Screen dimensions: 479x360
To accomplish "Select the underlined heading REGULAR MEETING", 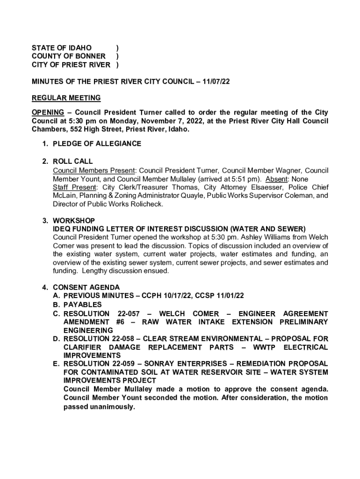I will (66, 98).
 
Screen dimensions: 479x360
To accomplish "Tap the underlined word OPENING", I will (48, 112).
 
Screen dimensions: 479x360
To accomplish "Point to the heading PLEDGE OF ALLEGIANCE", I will (97, 144).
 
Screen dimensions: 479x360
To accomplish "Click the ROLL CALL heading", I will (72, 161).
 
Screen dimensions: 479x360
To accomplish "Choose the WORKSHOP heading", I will (74, 220).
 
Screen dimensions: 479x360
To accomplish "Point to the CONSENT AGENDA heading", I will (86, 287).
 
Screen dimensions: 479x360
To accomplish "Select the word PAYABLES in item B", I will (82, 305).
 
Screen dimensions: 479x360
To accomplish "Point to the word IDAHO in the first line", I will (79, 48).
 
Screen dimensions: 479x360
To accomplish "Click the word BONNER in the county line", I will (87, 56).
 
